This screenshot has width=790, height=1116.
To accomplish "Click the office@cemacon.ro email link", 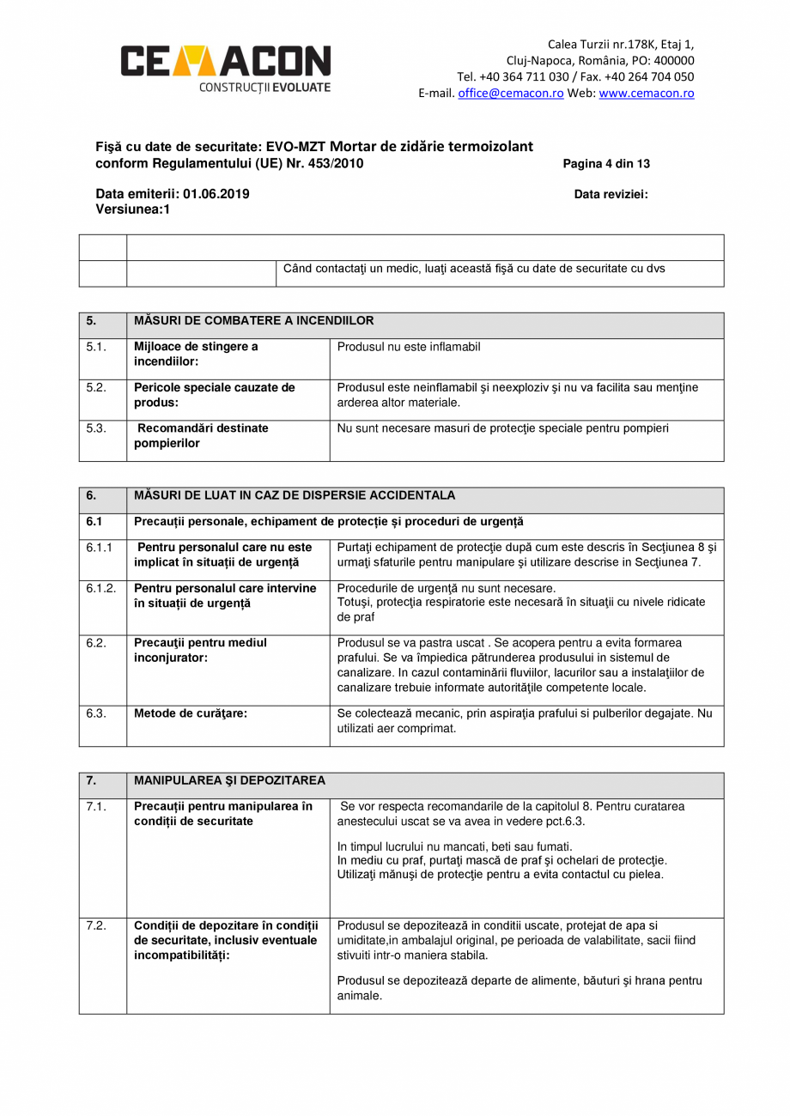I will point(510,94).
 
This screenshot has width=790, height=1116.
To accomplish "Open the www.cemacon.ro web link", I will point(646,94).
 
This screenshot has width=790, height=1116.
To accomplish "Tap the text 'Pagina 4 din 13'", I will point(606,164).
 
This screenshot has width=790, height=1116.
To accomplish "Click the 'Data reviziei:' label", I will point(611,194).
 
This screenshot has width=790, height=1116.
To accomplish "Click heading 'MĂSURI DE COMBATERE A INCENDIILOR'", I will point(254,321).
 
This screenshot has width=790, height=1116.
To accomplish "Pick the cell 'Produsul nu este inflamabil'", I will point(409,347).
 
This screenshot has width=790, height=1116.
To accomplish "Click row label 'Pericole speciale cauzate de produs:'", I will point(214,395).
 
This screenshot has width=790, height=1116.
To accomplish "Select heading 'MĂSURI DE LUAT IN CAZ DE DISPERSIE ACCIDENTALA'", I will point(295,495).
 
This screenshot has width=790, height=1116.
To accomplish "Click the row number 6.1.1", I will point(99,547).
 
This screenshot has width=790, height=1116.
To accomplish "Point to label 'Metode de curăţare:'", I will point(191,713).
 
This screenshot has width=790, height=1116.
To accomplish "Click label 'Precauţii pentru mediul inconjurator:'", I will point(200,650).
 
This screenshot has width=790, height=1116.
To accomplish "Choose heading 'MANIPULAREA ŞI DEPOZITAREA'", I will point(229,780).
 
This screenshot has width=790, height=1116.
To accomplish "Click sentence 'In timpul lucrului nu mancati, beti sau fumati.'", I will point(454,846).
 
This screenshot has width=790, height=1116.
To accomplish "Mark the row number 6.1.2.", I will point(100,588).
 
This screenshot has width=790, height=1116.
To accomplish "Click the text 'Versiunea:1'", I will point(132,209).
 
